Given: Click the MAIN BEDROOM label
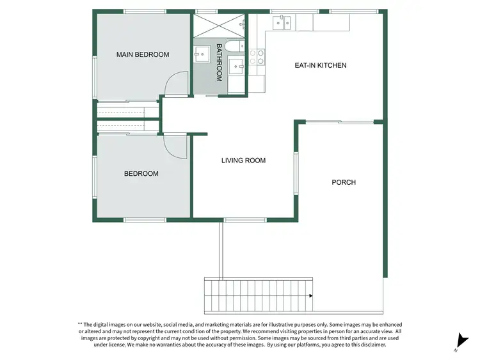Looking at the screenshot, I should pos(143,54).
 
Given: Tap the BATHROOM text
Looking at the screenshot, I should pos(219,62).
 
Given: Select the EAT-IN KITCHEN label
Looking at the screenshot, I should pos(320,65).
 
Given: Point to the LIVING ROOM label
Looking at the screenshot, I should pos(243,160).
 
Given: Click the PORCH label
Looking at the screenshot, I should pos(344,182).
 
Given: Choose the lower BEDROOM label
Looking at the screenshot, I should pos(141,173).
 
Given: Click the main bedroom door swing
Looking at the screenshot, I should pos(177,84).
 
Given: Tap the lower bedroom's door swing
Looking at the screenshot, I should pos(175,146).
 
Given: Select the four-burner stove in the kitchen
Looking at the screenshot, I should pos(257,58).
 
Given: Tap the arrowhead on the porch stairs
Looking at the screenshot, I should pos(310,296).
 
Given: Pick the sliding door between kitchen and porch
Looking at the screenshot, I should pos(339,121).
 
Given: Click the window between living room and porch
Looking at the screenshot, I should pos(296,173).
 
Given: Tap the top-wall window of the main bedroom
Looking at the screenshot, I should pos(145,12).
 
